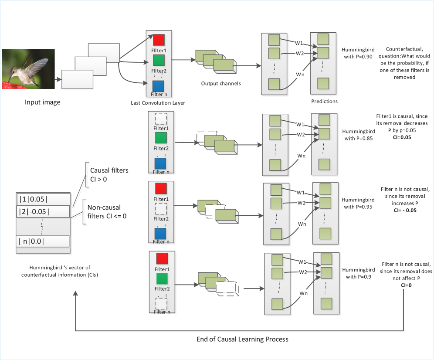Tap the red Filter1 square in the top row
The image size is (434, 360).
click(x=159, y=40)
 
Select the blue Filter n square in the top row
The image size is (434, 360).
click(x=159, y=85)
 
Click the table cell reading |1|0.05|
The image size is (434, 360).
click(x=43, y=199)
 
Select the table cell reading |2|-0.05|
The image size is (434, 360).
click(x=43, y=212)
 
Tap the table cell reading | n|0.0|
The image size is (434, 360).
click(x=43, y=241)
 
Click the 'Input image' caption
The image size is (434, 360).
click(x=42, y=102)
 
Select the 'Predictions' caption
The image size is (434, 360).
click(x=325, y=102)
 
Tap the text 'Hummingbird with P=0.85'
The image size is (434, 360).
click(x=358, y=135)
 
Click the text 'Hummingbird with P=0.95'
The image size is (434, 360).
click(x=358, y=204)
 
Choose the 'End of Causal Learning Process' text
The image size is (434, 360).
click(x=243, y=339)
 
